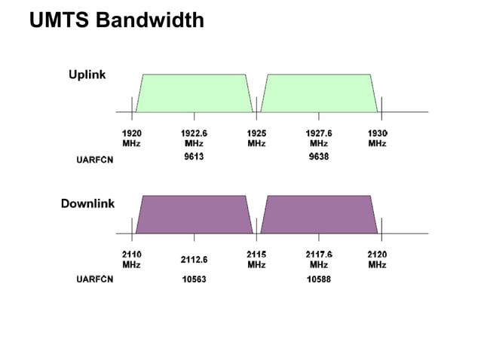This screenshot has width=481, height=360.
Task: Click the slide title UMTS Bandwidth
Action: pyautogui.click(x=116, y=20)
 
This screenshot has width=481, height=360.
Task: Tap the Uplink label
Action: pyautogui.click(x=87, y=75)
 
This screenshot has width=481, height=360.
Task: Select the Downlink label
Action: pyautogui.click(x=87, y=204)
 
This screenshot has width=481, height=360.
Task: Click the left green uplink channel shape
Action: pyautogui.click(x=195, y=93)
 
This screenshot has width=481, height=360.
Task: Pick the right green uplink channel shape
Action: pyautogui.click(x=319, y=93)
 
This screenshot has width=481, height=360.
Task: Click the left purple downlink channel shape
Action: pyautogui.click(x=195, y=215)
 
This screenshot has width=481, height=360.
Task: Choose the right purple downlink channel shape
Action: pyautogui.click(x=319, y=215)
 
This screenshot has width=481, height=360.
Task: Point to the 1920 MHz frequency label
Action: pyautogui.click(x=132, y=138)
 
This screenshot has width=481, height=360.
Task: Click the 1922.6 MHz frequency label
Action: pyautogui.click(x=194, y=138)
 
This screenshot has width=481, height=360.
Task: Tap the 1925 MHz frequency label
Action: pyautogui.click(x=256, y=138)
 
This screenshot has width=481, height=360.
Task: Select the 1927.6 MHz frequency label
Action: pyautogui.click(x=319, y=138)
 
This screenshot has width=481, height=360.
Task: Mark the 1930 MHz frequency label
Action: pyautogui.click(x=378, y=138)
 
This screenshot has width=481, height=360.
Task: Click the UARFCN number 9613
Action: pyautogui.click(x=194, y=157)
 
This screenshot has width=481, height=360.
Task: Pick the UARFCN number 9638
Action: pyautogui.click(x=319, y=157)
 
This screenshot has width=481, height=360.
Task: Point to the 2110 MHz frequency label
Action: pyautogui.click(x=132, y=260)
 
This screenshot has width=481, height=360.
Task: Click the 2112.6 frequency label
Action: pyautogui.click(x=194, y=260)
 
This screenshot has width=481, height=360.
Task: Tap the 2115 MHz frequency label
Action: pyautogui.click(x=256, y=260)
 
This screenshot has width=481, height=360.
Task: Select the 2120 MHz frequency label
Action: pyautogui.click(x=378, y=260)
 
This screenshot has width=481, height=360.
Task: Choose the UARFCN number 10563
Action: pyautogui.click(x=194, y=279)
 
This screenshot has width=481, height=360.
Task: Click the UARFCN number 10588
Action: pyautogui.click(x=319, y=279)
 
